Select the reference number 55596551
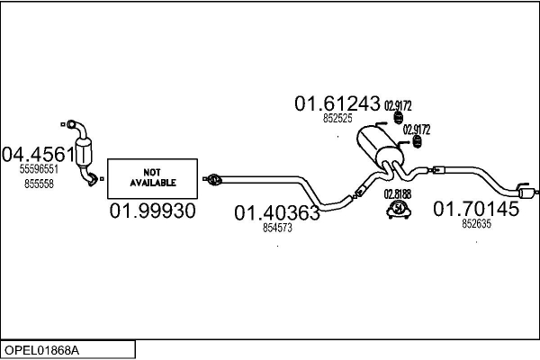pyautogui.click(x=39, y=168)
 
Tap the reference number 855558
pyautogui.click(x=39, y=183)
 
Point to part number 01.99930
pyautogui.click(x=152, y=211)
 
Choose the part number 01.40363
pyautogui.click(x=277, y=213)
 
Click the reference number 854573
pyautogui.click(x=277, y=229)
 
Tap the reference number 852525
pyautogui.click(x=337, y=119)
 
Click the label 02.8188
pyautogui.click(x=397, y=193)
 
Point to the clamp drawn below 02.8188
pyautogui.click(x=397, y=211)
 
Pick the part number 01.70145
pyautogui.click(x=476, y=210)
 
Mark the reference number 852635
pyautogui.click(x=476, y=225)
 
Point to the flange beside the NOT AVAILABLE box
pyautogui.click(x=212, y=180)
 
